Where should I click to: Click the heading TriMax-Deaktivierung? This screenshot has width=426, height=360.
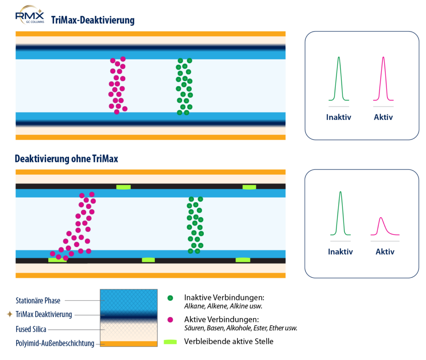(x=93, y=20)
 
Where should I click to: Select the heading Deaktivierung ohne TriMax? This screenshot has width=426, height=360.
(x=66, y=159)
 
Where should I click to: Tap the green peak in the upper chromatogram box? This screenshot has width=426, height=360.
(x=339, y=79)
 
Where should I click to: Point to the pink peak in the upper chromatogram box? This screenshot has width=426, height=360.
(x=383, y=79)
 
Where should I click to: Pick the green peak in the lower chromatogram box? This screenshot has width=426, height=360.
(x=340, y=213)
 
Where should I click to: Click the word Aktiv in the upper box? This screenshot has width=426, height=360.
(x=383, y=117)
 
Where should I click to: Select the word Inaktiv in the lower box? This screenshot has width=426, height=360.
(x=340, y=252)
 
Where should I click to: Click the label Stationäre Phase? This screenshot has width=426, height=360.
(x=38, y=300)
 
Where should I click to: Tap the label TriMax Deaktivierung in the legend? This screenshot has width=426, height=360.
(x=44, y=314)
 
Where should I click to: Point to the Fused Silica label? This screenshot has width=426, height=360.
(x=31, y=329)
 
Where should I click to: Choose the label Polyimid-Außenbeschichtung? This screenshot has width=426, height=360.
(x=55, y=343)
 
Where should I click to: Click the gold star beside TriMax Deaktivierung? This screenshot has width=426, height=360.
(x=10, y=314)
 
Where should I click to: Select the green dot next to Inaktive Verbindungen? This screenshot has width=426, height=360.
(x=170, y=298)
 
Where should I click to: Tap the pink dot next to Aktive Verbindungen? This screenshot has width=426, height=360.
(x=170, y=320)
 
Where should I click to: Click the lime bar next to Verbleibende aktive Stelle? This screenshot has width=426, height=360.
(x=170, y=342)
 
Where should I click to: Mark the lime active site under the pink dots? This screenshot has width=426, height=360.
(x=57, y=260)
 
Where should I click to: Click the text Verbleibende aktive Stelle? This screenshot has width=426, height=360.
(x=229, y=342)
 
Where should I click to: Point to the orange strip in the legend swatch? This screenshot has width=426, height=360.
(x=129, y=344)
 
